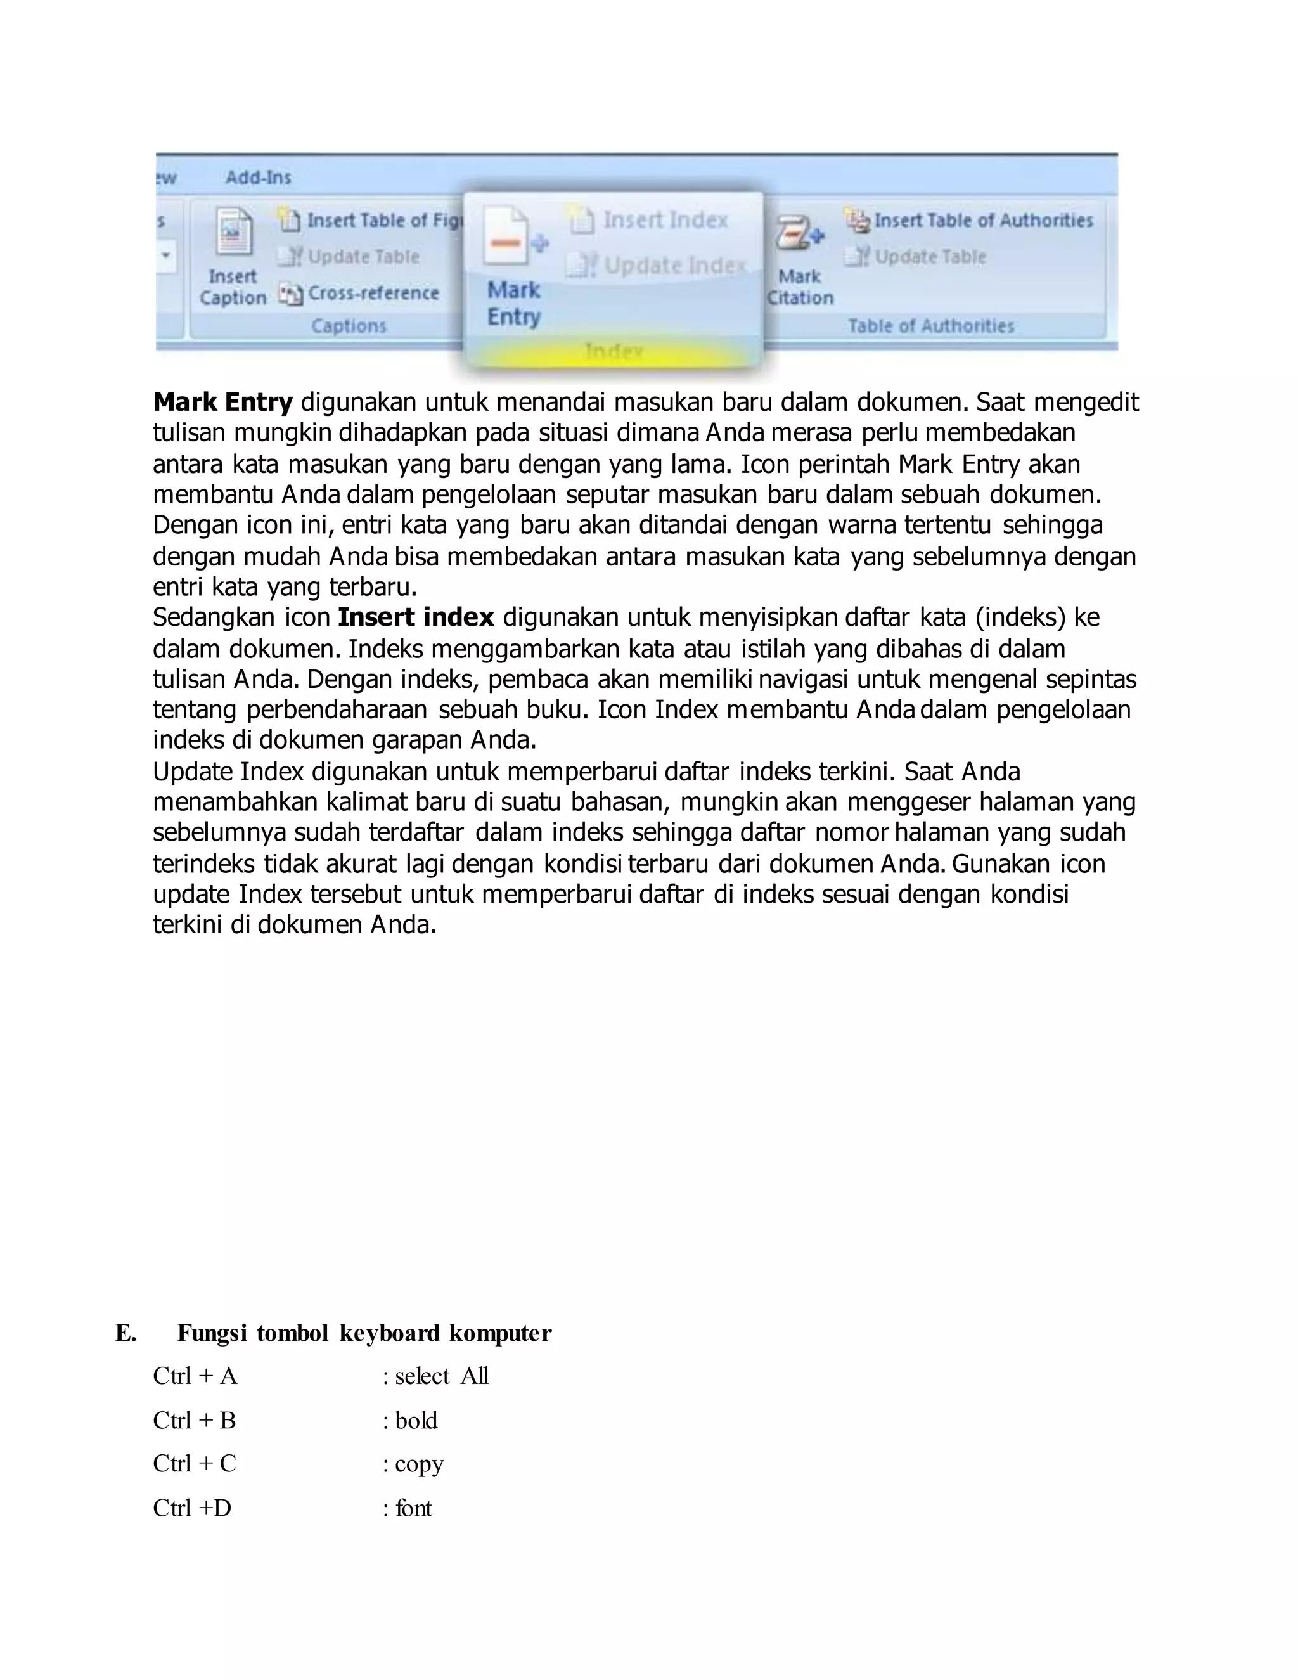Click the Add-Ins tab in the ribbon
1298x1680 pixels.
tap(259, 178)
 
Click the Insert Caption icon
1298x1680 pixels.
tap(233, 231)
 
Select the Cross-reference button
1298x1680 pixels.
tap(360, 293)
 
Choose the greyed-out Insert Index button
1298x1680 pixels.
tap(650, 220)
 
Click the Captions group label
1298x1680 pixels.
tap(349, 326)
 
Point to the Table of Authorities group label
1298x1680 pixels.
tap(931, 326)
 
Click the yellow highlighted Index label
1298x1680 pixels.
tap(614, 352)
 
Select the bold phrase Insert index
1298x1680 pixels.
tap(415, 617)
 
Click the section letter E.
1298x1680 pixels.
tap(125, 1333)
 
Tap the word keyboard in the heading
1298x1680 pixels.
tap(390, 1333)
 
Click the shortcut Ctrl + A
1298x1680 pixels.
tap(195, 1376)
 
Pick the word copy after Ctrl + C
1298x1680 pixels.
tap(419, 1464)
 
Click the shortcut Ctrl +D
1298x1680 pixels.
tap(192, 1508)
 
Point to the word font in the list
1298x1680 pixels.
tap(414, 1508)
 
